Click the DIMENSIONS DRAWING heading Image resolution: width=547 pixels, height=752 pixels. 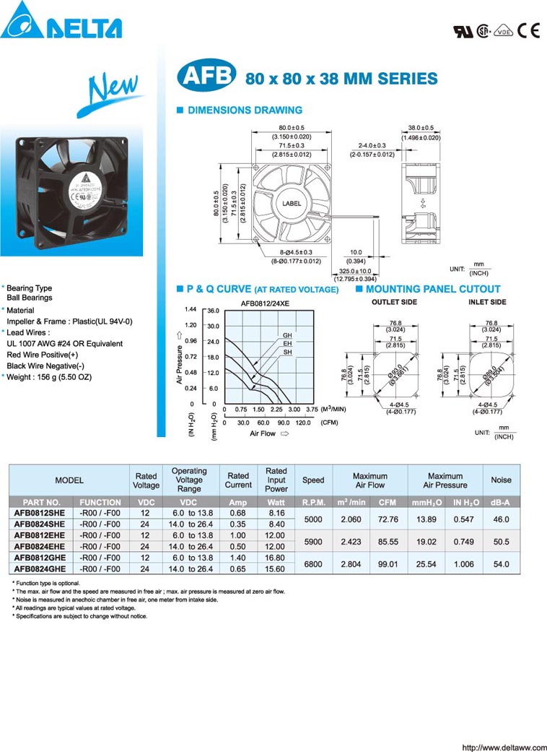point(245,111)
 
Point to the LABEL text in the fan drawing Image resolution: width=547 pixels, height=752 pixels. point(292,204)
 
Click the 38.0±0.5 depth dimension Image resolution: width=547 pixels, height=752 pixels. point(421,127)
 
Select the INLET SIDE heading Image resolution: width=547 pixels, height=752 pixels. point(487,302)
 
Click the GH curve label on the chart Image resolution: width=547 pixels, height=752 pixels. point(287,336)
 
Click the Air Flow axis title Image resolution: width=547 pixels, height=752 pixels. point(263,433)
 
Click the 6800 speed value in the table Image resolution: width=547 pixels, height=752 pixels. point(313,563)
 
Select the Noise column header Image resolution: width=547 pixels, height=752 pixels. point(501,480)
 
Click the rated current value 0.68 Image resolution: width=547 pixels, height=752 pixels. point(237,513)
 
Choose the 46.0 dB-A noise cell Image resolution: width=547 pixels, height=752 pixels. point(501,519)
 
